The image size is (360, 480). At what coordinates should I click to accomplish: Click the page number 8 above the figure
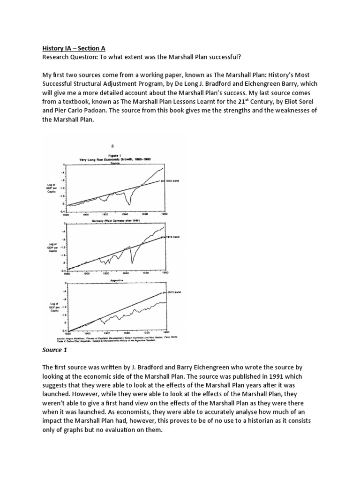[112, 146]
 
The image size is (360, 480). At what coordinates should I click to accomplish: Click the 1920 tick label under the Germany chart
[106, 272]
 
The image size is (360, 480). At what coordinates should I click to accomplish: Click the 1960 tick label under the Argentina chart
[146, 334]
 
